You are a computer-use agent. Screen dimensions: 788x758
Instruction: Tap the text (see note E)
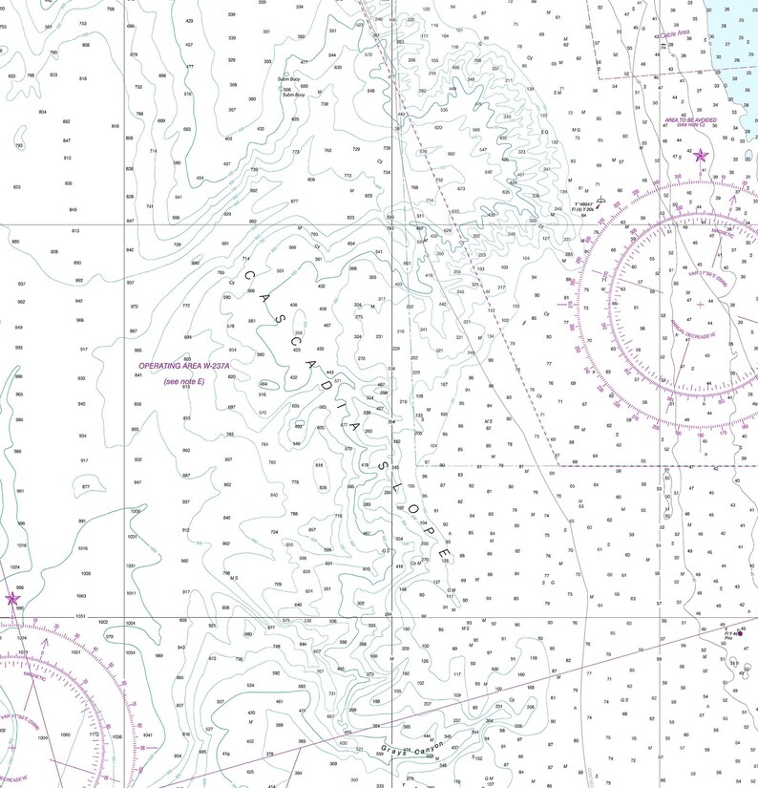click(x=185, y=381)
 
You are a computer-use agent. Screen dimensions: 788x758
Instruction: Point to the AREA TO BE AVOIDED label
click(x=697, y=119)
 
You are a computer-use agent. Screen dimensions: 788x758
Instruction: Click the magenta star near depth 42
click(x=701, y=156)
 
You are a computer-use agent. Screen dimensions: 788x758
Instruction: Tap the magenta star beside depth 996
click(x=12, y=599)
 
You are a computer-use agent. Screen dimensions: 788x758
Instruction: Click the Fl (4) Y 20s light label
click(x=581, y=209)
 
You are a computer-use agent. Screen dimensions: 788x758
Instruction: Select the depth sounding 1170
click(x=94, y=735)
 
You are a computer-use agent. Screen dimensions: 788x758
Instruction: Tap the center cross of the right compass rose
click(x=701, y=305)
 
